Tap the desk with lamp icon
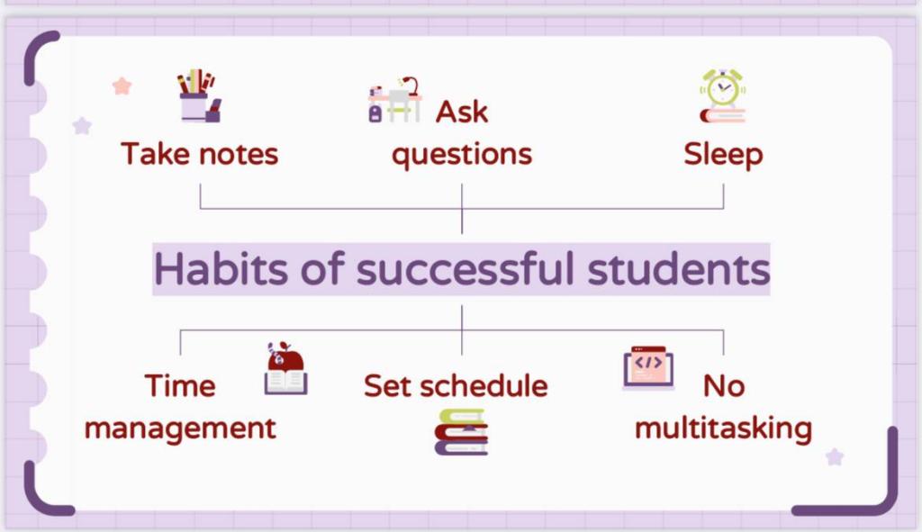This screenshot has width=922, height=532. point(395,100)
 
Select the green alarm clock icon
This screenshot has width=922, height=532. point(723,95)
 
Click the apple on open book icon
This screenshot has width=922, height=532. point(285,368)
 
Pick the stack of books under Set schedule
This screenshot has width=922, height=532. point(462,432)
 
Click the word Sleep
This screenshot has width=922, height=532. point(723,155)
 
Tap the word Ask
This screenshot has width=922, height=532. point(462,112)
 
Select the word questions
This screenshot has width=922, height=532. point(462,155)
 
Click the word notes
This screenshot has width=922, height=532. point(238,155)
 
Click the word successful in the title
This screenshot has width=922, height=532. point(465,268)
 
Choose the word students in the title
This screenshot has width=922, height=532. point(679,268)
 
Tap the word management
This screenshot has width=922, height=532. point(180,428)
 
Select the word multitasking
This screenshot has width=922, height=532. point(723,428)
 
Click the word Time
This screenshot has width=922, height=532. point(180,386)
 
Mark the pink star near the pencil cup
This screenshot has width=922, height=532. point(122,86)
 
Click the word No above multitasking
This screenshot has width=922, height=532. point(724,386)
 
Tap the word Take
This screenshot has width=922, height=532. point(157,154)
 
